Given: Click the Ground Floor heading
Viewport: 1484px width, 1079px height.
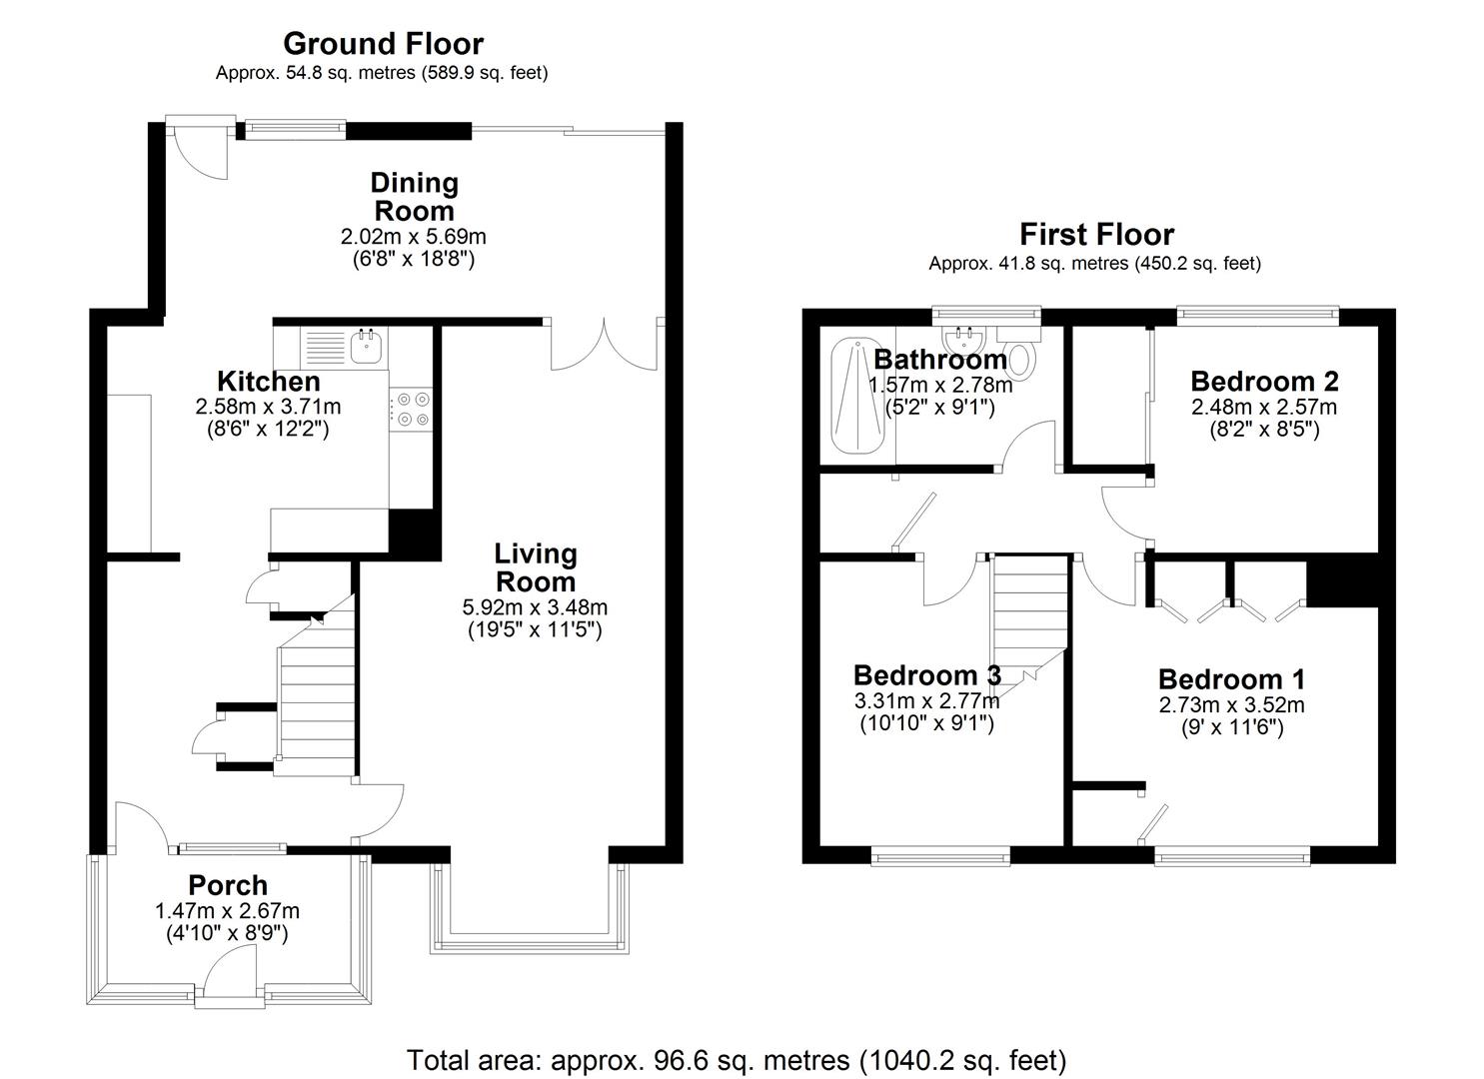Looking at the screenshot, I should [x=383, y=44].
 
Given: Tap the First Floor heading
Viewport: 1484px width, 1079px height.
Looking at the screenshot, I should [x=1095, y=235].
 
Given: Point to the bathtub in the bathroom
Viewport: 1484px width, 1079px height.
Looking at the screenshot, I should [x=856, y=398].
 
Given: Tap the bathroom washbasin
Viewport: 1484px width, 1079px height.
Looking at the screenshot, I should [x=964, y=334].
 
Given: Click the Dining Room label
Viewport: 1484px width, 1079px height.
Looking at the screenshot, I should [x=414, y=197].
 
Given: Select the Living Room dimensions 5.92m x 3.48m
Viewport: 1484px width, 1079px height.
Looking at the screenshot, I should [x=535, y=607].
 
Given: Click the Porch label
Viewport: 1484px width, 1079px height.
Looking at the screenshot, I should [x=228, y=886].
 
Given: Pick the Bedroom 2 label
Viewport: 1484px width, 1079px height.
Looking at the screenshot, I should [x=1264, y=382].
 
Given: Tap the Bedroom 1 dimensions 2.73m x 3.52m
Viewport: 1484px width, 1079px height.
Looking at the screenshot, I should [x=1231, y=705].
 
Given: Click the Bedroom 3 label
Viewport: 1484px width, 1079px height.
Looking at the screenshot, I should [x=926, y=675].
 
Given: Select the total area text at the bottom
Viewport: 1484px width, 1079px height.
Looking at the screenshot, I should [x=737, y=1059].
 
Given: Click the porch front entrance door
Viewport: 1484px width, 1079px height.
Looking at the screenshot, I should [x=231, y=974].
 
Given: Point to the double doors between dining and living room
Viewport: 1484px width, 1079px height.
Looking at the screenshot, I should [x=604, y=345].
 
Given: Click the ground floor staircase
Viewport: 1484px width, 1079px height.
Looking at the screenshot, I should [x=316, y=699].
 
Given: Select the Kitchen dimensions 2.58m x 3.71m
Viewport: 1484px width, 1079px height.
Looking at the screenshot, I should [x=268, y=408].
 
